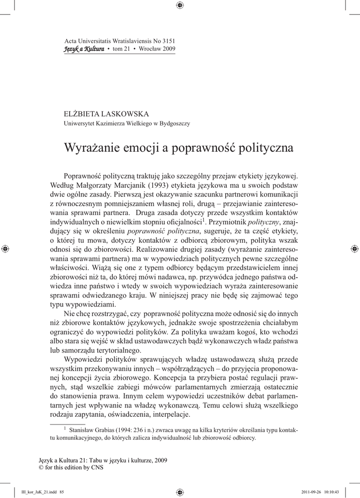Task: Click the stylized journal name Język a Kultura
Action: [84, 49]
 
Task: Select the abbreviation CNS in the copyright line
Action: [97, 468]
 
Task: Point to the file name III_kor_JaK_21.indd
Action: [35, 492]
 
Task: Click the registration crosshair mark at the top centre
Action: [180, 5]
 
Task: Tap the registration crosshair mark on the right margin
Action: [354, 249]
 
